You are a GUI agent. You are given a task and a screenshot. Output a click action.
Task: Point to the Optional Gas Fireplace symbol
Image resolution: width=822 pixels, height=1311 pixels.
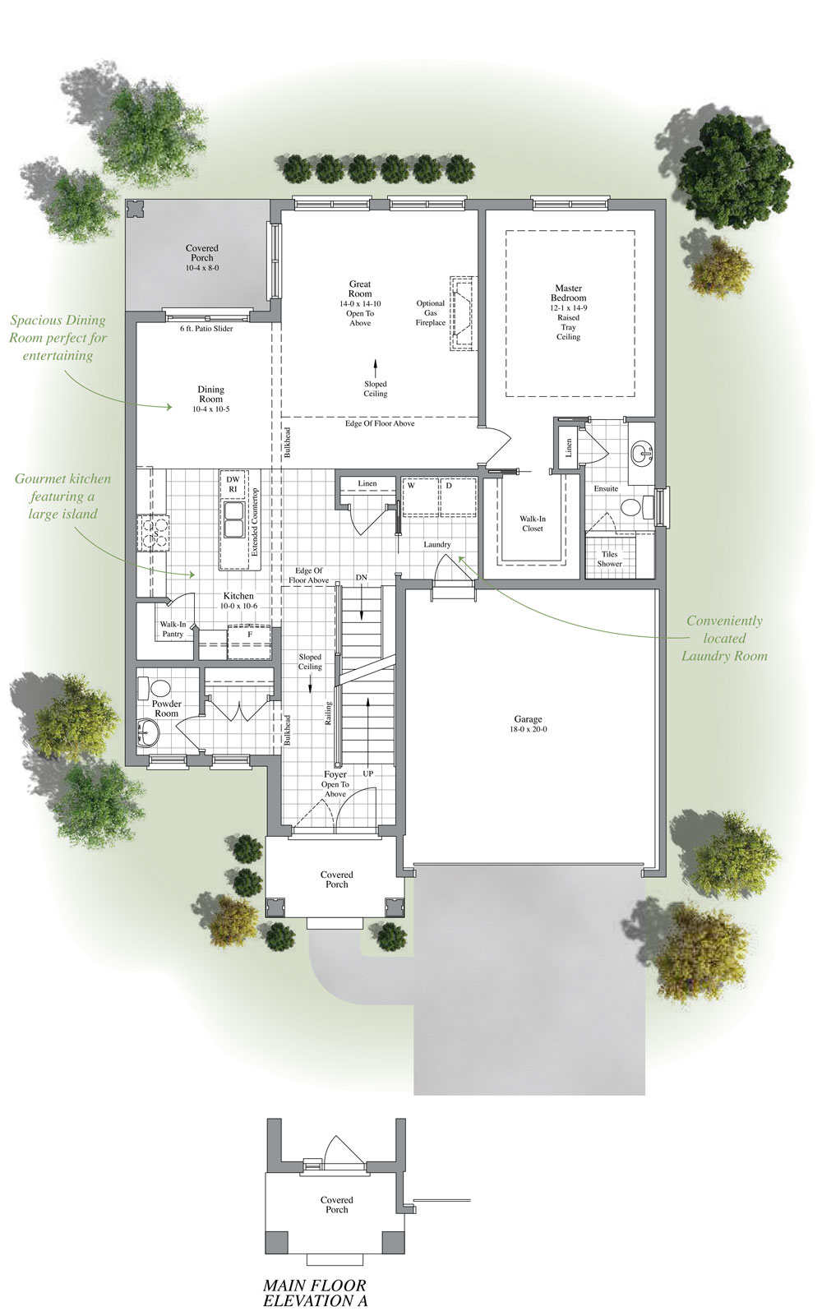click(462, 314)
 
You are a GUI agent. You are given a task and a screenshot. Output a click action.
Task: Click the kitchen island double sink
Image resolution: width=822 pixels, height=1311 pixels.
click(233, 519)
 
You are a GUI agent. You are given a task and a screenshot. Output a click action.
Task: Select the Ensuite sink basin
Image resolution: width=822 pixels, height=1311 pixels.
click(643, 451)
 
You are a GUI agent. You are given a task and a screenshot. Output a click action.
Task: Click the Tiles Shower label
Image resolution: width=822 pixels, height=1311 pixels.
click(609, 559)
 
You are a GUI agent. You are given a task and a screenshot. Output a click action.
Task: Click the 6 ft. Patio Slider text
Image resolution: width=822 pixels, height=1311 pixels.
click(206, 329)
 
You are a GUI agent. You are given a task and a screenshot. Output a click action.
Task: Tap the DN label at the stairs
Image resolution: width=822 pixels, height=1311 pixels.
click(361, 578)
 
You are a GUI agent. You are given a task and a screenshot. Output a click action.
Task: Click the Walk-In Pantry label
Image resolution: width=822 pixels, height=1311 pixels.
click(173, 629)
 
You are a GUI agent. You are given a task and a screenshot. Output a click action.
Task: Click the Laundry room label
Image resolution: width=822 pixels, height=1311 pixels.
click(437, 544)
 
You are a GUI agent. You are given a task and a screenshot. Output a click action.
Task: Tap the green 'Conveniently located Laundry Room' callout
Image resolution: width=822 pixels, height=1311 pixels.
click(723, 638)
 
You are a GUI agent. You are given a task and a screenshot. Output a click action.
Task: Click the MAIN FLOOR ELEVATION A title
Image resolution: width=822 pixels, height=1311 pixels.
click(315, 1292)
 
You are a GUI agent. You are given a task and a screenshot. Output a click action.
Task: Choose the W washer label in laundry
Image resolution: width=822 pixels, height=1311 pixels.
click(410, 485)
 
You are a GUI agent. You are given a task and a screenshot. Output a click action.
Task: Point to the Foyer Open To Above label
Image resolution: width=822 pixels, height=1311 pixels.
click(335, 784)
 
